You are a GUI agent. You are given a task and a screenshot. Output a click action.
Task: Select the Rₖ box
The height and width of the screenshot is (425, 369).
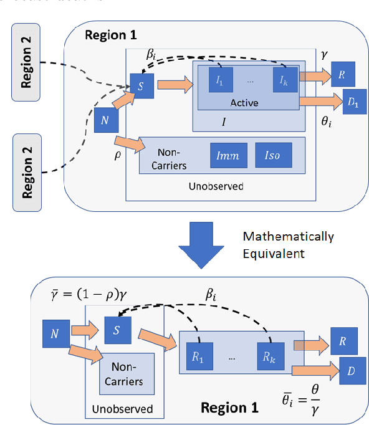click(266, 358)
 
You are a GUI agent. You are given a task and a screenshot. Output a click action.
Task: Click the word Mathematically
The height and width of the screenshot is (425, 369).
click(289, 237)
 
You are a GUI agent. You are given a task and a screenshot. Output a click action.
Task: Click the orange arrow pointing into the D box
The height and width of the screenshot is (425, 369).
click(315, 370)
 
